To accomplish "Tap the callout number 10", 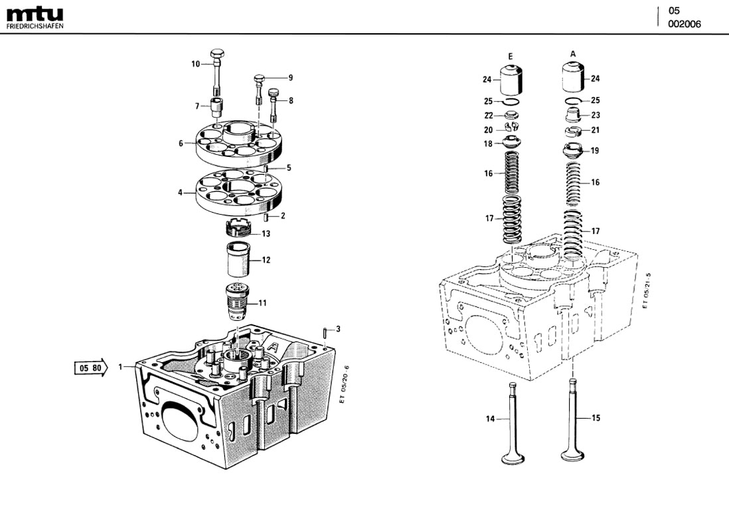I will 196,64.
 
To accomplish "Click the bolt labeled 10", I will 217,70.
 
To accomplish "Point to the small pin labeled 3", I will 323,331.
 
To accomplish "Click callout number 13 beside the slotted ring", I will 266,234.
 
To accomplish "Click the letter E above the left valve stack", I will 510,56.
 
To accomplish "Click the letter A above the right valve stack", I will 572,53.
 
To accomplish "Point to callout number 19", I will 595,151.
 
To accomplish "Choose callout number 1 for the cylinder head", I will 121,367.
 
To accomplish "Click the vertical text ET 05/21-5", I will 645,290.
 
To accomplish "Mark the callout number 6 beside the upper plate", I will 180,143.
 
